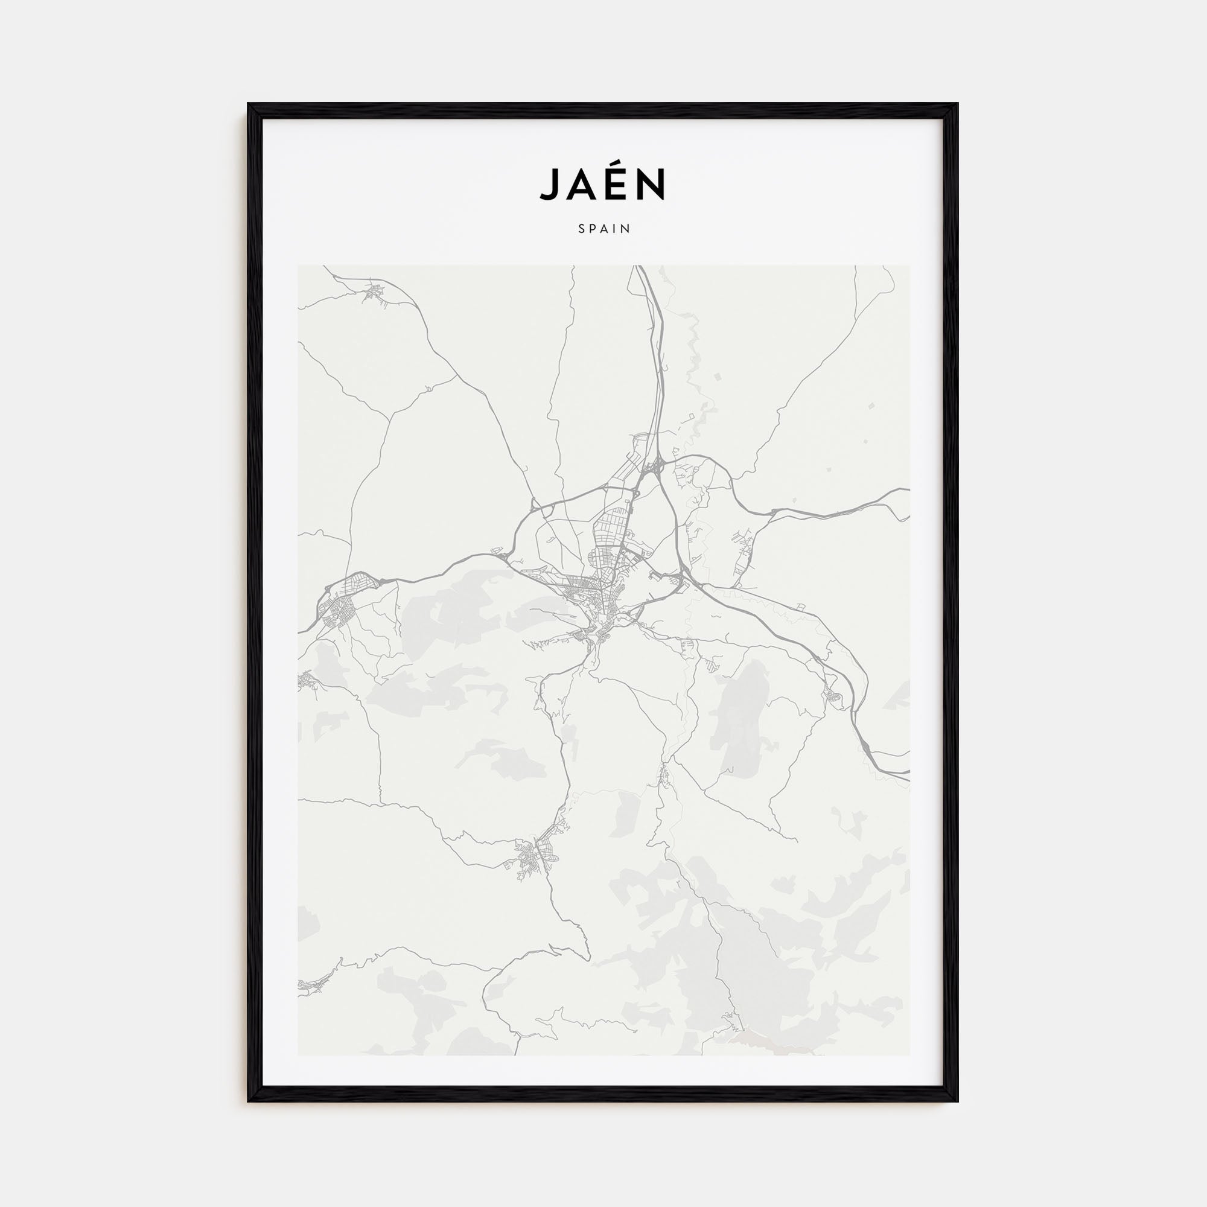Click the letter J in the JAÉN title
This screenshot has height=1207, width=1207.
[550, 184]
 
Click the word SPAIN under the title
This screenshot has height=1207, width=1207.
[603, 229]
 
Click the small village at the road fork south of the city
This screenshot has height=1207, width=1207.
[664, 775]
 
